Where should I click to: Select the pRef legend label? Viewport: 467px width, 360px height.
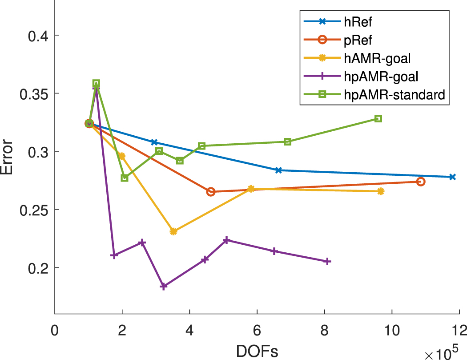pos(355,40)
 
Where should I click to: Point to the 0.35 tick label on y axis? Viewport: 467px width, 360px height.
pos(34,93)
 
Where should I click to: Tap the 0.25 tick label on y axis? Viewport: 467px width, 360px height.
pos(34,210)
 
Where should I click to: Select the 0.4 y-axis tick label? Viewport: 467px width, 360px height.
pos(38,36)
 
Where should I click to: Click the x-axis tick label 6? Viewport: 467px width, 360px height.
pos(257,332)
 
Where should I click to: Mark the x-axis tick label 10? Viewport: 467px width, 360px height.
pos(391,332)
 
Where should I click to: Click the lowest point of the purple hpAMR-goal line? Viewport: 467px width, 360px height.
pos(164,287)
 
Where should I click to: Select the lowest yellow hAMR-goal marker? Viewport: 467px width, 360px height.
pos(173,231)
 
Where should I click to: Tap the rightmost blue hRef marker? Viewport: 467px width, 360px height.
pos(452,177)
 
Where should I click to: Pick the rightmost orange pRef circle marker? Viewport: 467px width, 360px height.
pos(421,182)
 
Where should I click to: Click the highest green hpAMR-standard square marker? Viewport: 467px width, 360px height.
pos(96,83)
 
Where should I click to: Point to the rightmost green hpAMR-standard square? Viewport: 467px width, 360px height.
pos(378,119)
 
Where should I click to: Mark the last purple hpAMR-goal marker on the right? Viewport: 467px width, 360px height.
pos(327,262)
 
